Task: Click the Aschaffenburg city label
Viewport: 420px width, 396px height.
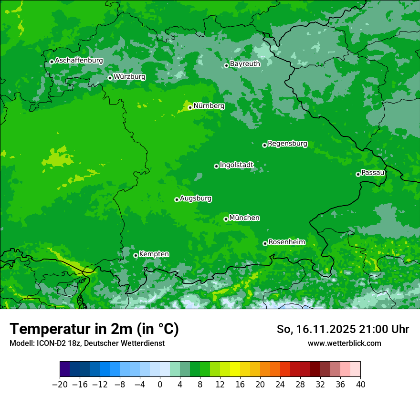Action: [79, 61]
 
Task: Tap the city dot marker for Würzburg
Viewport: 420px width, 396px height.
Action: [110, 78]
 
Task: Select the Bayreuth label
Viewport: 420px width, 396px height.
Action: [245, 63]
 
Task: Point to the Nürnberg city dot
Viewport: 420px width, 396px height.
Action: [190, 107]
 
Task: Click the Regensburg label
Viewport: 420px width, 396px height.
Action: [287, 144]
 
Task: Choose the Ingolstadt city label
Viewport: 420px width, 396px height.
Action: [236, 165]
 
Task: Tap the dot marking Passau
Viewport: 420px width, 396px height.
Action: [358, 174]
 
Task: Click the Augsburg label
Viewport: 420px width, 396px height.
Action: [196, 198]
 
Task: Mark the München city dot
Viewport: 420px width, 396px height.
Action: [226, 219]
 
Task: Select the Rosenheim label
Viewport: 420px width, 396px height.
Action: [286, 242]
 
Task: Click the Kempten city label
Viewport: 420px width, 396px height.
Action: [154, 254]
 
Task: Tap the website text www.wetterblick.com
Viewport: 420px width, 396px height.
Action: [344, 343]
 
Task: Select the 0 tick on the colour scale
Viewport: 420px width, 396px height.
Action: [160, 384]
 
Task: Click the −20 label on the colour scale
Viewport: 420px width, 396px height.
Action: [60, 384]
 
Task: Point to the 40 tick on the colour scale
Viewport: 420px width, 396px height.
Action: [360, 384]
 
